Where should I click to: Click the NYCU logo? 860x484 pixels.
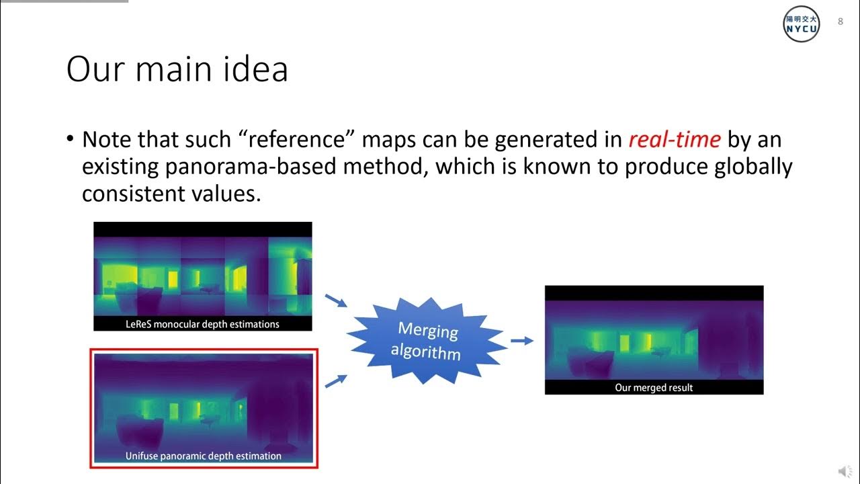(802, 24)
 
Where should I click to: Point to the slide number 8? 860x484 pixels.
(840, 22)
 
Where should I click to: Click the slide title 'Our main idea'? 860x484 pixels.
(177, 69)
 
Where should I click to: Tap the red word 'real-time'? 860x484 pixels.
(675, 140)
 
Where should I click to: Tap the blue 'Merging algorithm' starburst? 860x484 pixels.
(427, 341)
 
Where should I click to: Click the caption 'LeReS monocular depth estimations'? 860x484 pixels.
(202, 324)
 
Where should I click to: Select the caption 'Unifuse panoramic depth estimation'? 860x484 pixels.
(203, 456)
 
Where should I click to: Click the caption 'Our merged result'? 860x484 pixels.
(653, 387)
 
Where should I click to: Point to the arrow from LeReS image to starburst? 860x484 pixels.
(336, 300)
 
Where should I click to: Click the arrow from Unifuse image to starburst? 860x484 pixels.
(336, 381)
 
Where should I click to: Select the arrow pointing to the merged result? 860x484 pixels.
(521, 341)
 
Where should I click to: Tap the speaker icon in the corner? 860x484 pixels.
(844, 471)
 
